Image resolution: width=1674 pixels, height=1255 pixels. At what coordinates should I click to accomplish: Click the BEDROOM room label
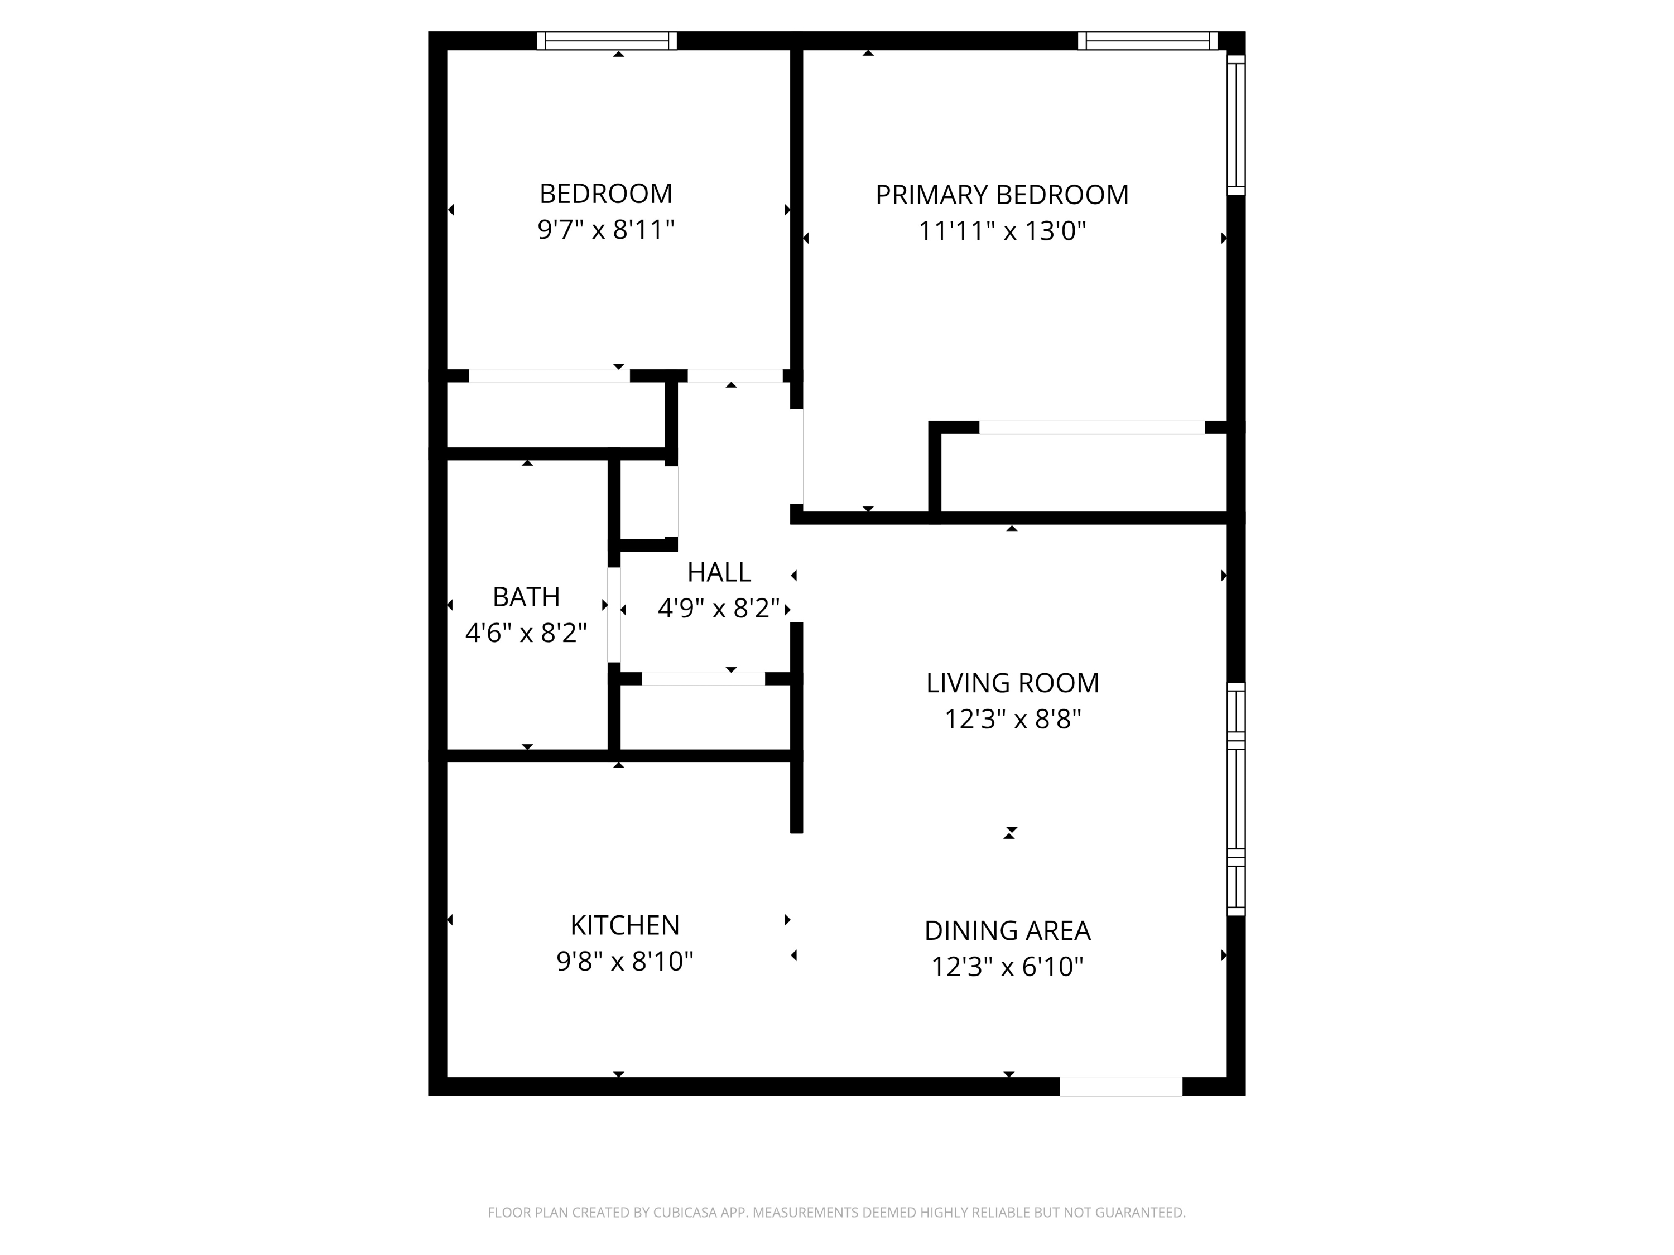(605, 194)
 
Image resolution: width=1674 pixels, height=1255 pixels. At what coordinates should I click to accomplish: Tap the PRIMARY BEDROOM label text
(1002, 195)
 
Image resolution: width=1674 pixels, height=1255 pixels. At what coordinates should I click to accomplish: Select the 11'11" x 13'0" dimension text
(1002, 231)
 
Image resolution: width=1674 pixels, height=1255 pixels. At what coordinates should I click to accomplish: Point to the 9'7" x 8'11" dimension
(605, 229)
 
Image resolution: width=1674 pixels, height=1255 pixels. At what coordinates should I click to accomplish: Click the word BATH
(526, 597)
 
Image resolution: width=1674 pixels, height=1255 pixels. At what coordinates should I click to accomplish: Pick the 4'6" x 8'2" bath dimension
(526, 633)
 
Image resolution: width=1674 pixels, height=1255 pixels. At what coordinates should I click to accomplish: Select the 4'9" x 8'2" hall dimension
(719, 607)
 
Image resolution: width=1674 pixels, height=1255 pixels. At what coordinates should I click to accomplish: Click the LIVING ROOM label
(1013, 683)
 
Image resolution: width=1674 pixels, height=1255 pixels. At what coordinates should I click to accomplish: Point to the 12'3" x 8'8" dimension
(1013, 718)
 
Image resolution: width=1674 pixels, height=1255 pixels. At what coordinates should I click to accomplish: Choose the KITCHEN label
(624, 925)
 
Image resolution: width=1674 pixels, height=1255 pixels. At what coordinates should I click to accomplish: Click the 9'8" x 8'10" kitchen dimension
(624, 960)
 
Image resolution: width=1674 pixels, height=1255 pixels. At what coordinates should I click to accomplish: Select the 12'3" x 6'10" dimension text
(1007, 967)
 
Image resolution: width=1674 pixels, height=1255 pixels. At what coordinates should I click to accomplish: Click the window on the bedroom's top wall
(607, 41)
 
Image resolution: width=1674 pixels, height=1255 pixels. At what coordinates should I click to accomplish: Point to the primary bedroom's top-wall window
(1148, 41)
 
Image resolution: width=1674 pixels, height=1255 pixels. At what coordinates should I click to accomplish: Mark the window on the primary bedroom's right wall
(1236, 125)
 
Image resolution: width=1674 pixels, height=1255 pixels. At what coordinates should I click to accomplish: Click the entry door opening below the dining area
(1121, 1087)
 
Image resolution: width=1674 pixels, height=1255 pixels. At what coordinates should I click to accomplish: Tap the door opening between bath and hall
(614, 615)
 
